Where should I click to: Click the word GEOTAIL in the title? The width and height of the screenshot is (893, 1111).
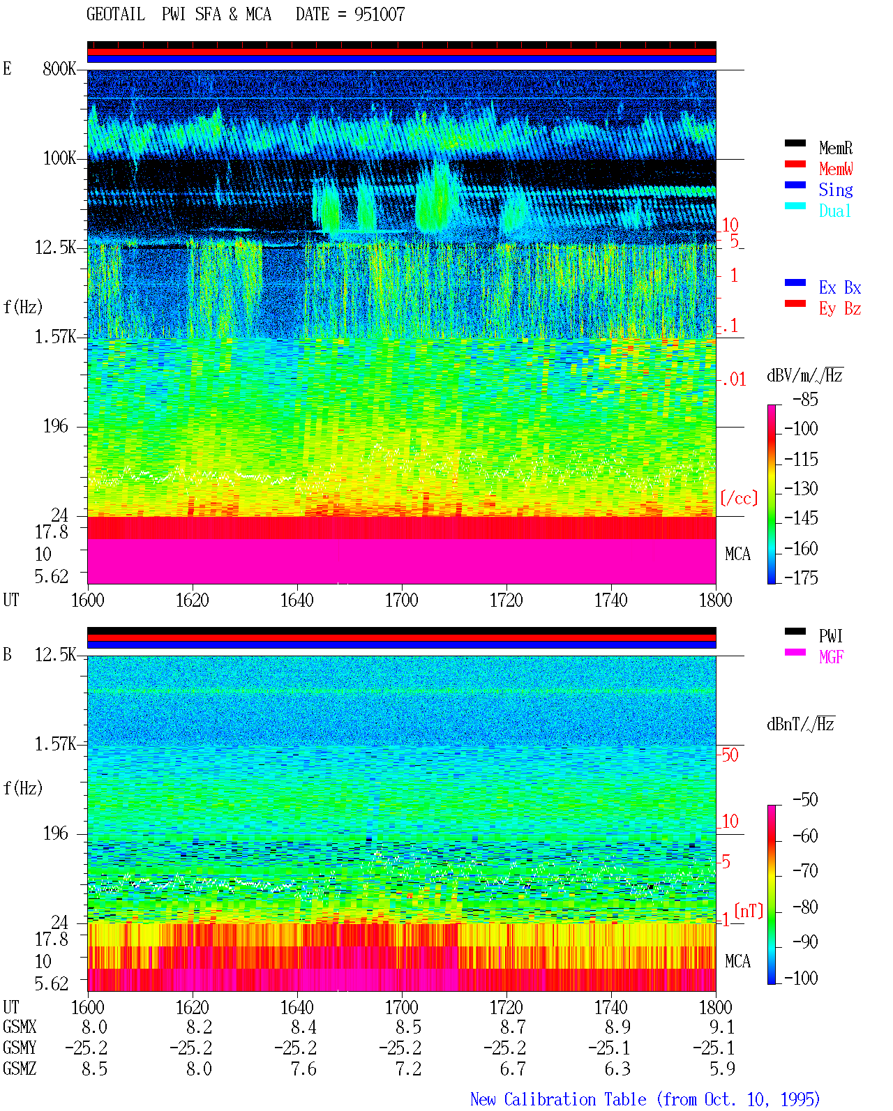(x=116, y=15)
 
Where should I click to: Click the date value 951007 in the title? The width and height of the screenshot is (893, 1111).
(x=380, y=15)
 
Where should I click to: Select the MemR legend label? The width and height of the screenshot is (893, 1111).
(x=836, y=148)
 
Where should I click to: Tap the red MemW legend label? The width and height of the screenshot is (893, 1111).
(x=836, y=169)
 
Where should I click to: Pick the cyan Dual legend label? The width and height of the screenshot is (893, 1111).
(x=835, y=211)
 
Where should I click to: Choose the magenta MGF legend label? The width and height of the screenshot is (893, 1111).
(x=832, y=657)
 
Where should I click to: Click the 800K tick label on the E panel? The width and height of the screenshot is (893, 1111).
(x=59, y=68)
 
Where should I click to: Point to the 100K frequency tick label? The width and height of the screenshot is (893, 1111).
(x=59, y=158)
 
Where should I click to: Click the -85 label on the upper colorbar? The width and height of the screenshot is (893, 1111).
(x=805, y=399)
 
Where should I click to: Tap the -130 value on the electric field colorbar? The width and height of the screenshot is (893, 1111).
(x=801, y=488)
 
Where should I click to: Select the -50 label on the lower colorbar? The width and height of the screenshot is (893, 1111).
(x=805, y=800)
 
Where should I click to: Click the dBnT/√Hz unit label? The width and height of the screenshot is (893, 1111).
(x=800, y=724)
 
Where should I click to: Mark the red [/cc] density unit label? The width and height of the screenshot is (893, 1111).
(x=739, y=498)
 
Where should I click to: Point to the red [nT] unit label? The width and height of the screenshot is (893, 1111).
(x=749, y=911)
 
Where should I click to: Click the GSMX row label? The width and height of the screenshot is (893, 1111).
(x=20, y=1027)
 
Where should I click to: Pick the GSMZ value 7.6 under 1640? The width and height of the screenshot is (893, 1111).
(x=303, y=1068)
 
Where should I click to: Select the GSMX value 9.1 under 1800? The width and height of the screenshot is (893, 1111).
(x=722, y=1027)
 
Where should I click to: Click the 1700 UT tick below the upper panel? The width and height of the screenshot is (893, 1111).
(x=401, y=600)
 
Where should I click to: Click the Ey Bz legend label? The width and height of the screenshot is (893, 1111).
(x=840, y=309)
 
